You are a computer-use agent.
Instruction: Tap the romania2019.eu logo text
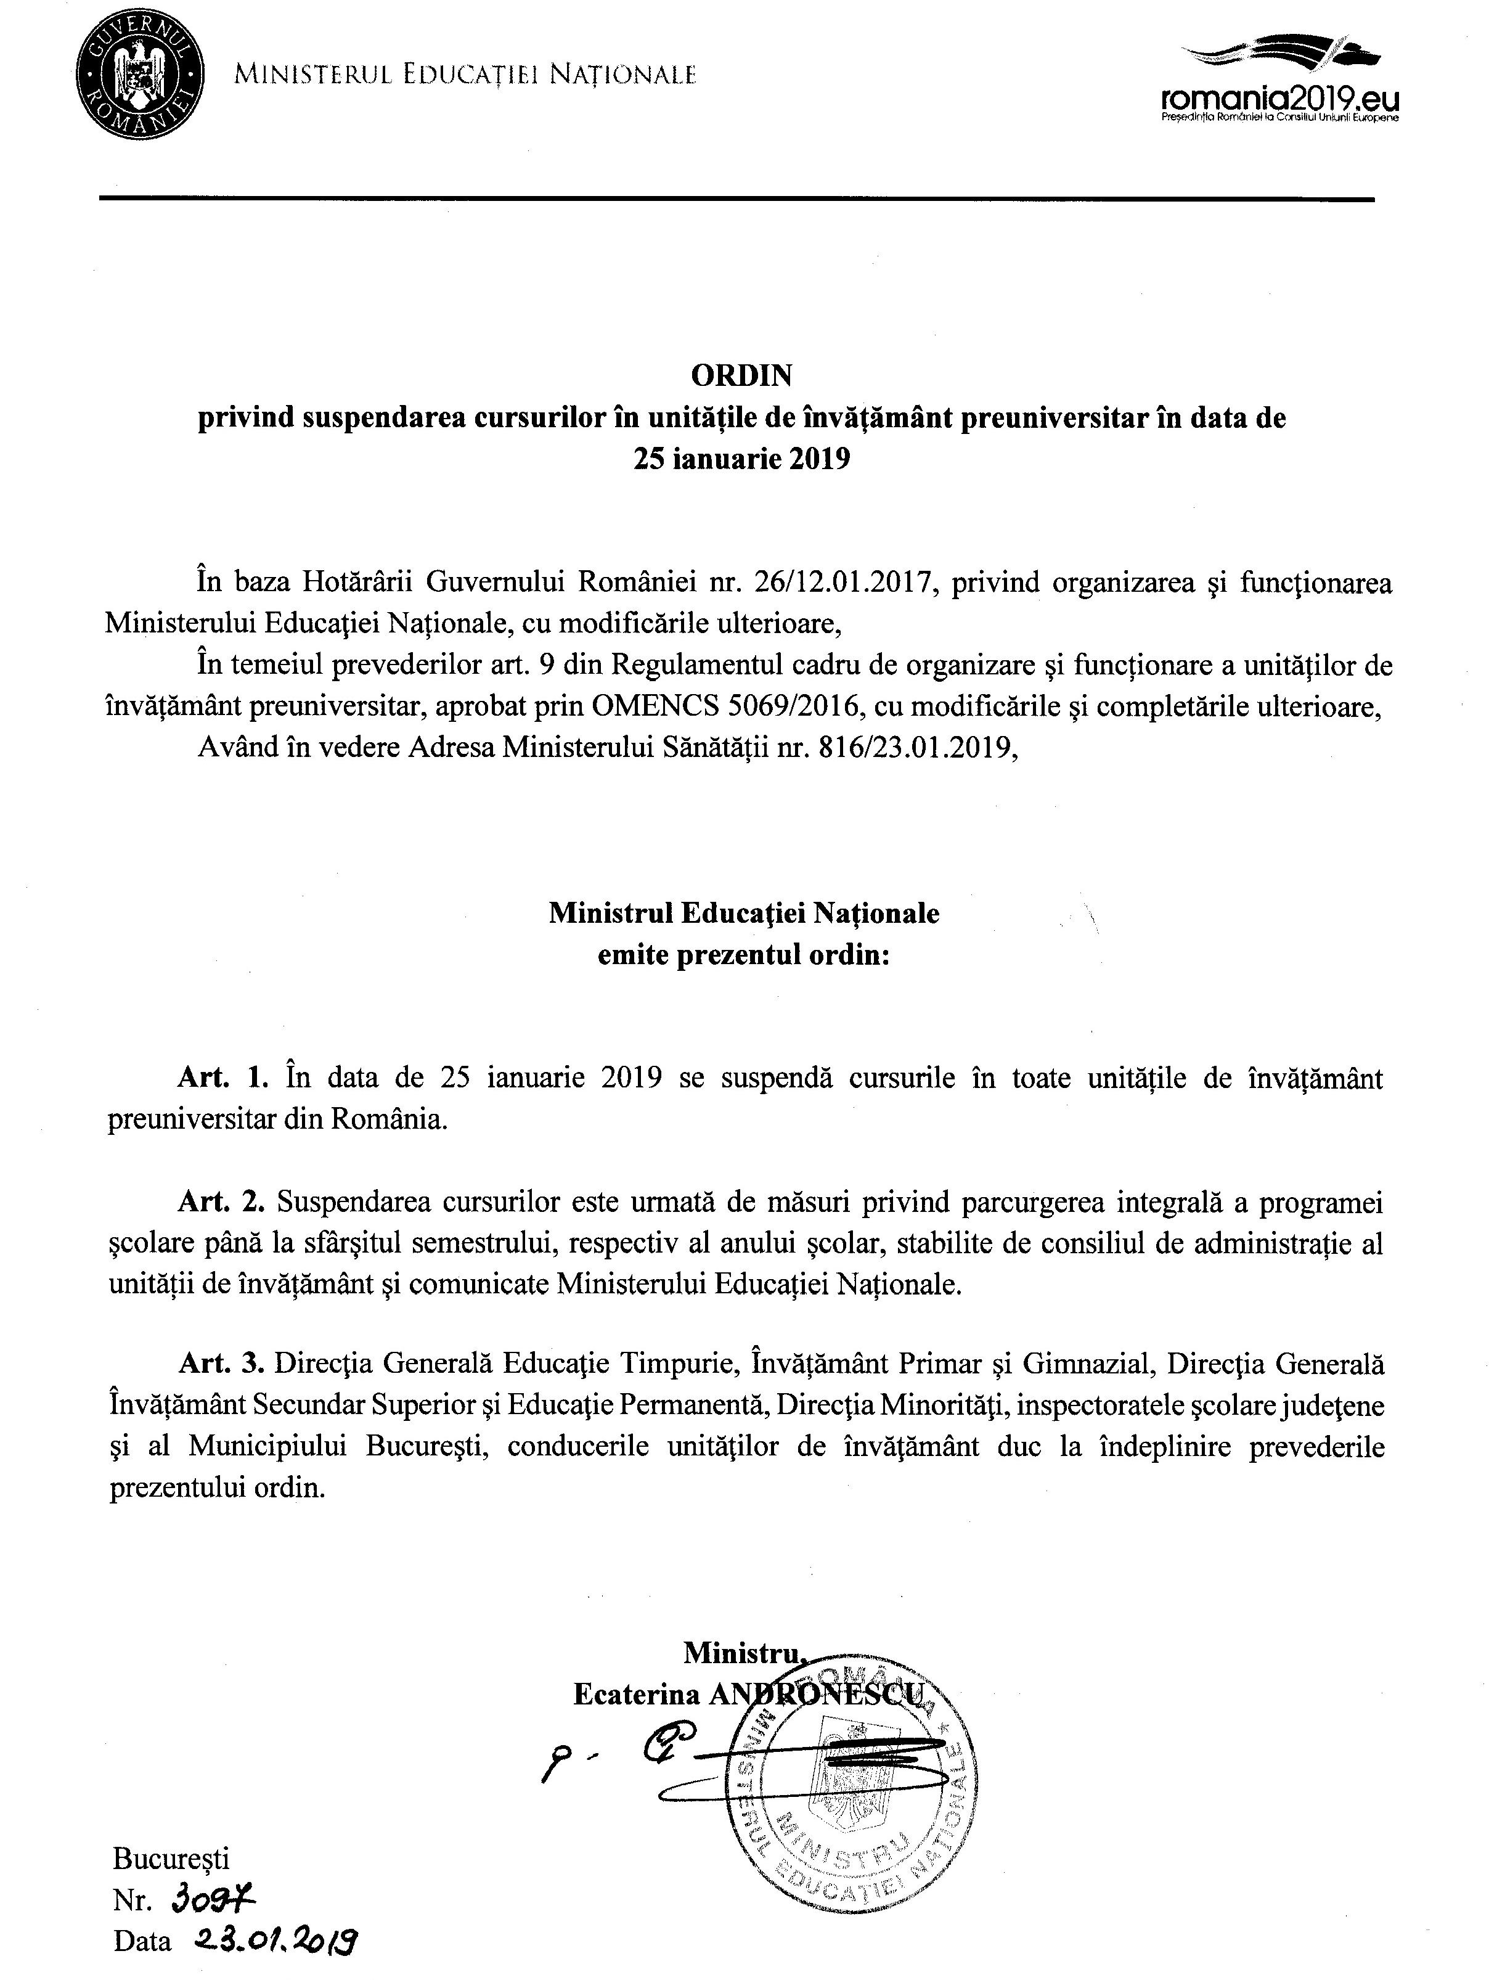1279,99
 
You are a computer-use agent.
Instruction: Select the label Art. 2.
224,1202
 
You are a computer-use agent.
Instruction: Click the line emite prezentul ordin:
744,955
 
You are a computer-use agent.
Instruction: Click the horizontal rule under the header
735,198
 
